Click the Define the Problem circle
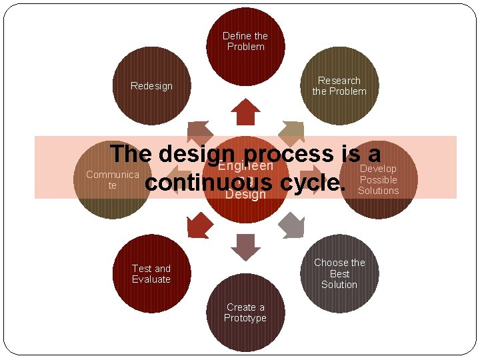click(245, 41)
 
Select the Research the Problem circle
click(339, 85)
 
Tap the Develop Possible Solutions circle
click(378, 179)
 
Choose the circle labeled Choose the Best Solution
click(339, 273)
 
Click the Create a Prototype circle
click(245, 313)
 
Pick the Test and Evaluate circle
click(151, 273)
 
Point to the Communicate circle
click(112, 179)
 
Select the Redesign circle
click(151, 85)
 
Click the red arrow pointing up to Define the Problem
click(245, 112)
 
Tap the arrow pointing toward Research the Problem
click(291, 133)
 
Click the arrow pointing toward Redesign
click(199, 133)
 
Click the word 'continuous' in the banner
click(209, 182)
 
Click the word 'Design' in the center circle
click(245, 195)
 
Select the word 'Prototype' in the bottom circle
click(245, 318)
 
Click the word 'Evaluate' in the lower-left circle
click(151, 279)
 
